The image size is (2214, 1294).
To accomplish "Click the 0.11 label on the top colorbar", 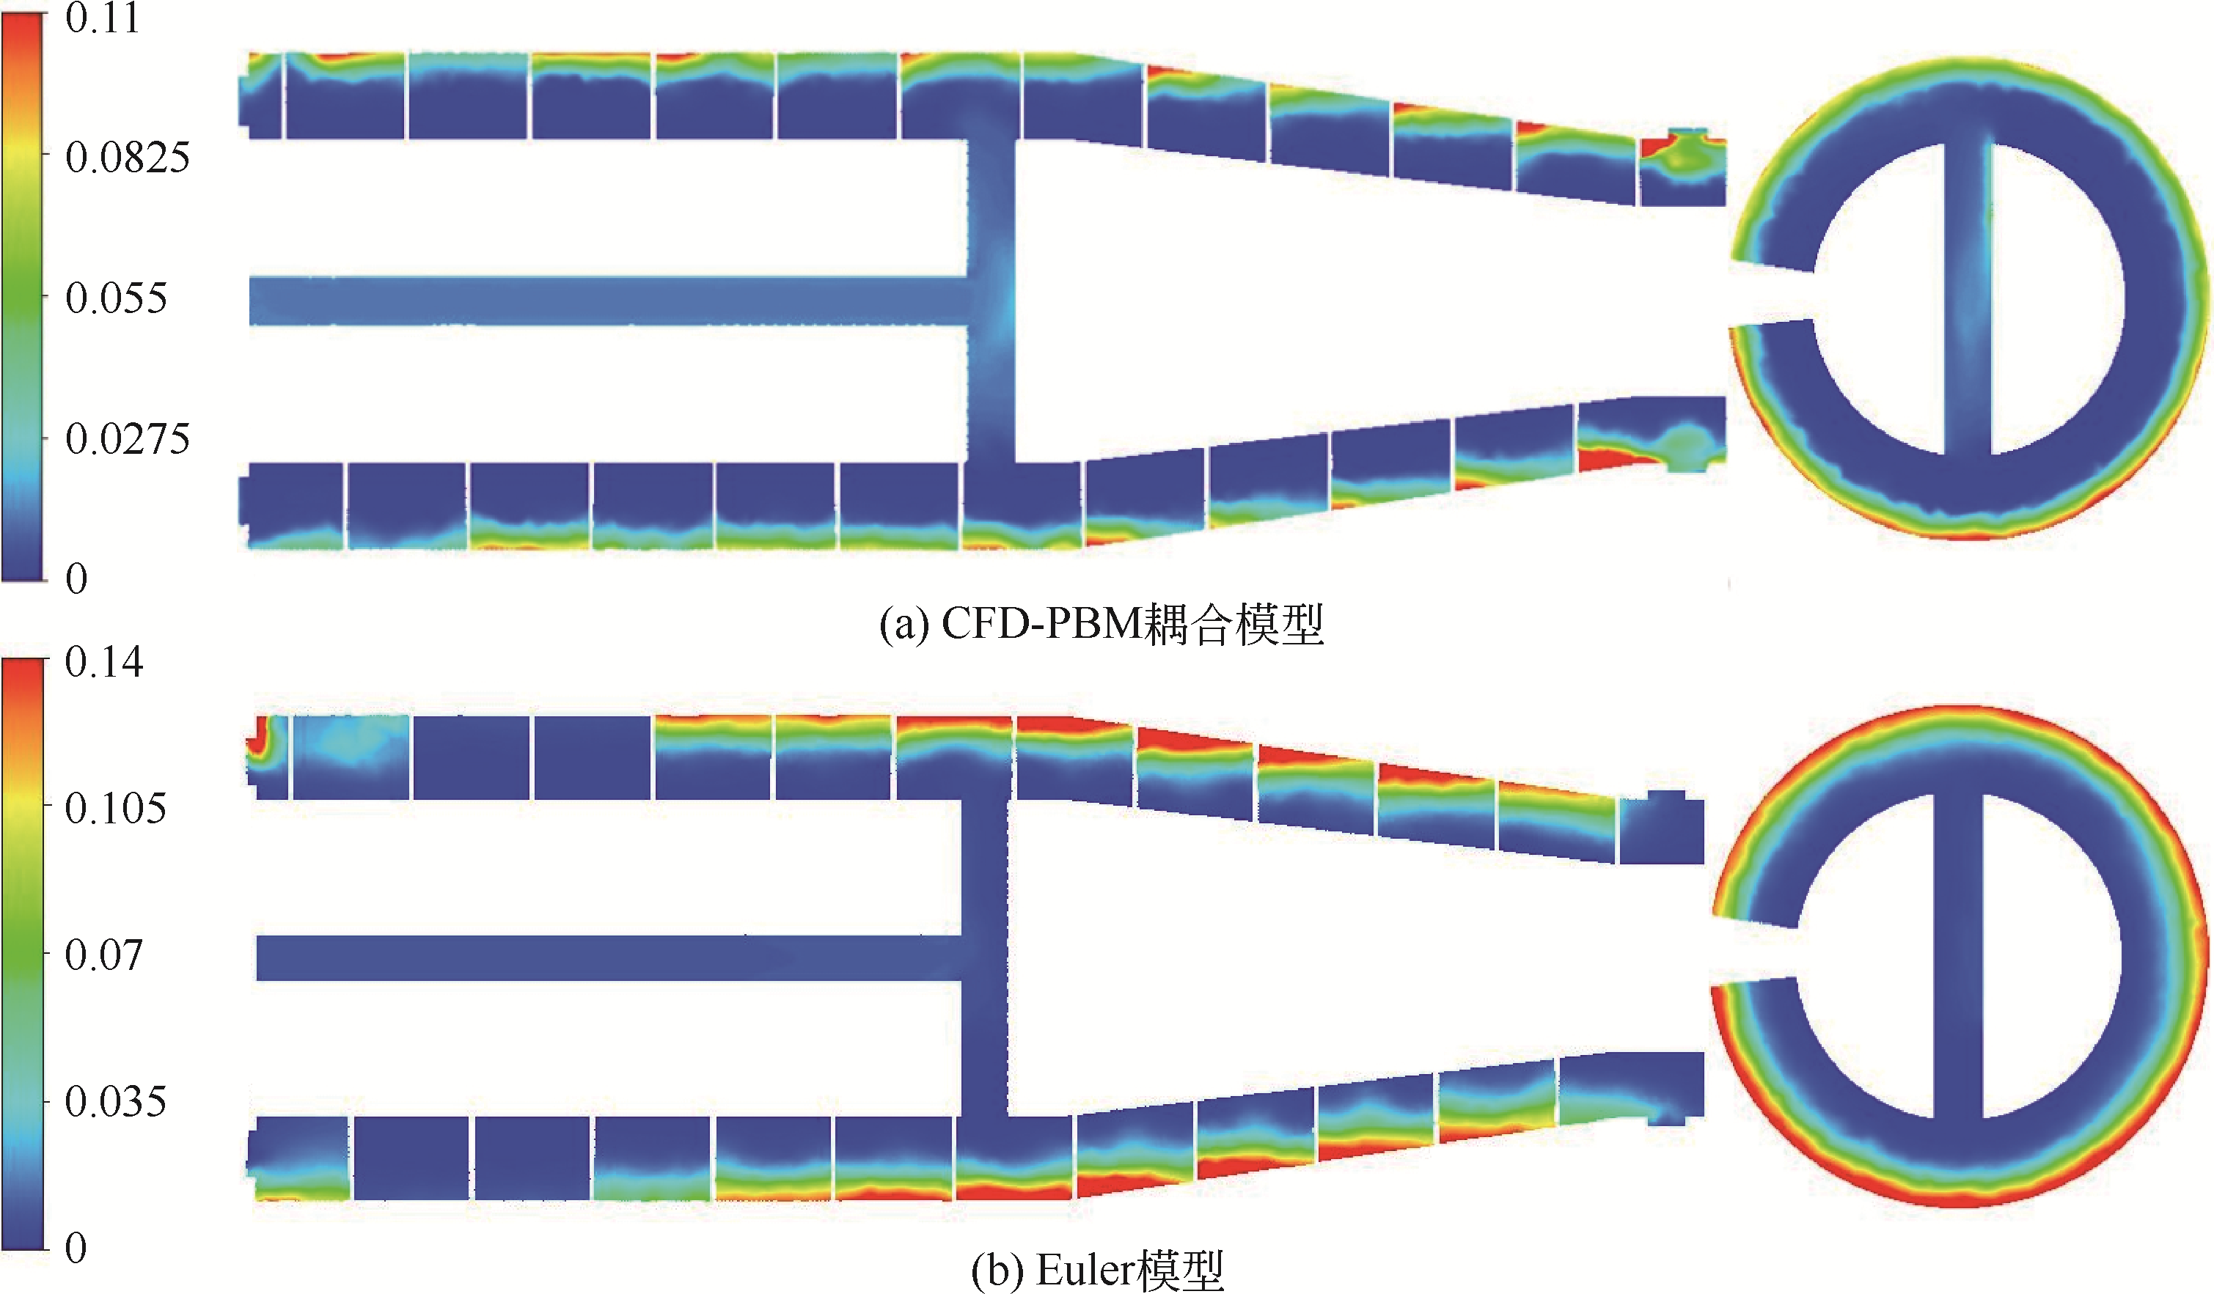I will click(x=103, y=19).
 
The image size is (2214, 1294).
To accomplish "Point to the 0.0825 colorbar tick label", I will click(x=128, y=158).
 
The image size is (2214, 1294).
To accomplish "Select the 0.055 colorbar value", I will click(x=116, y=298).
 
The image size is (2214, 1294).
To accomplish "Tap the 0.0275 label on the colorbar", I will click(x=128, y=439).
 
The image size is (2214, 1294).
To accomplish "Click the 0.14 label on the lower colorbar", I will click(x=103, y=662).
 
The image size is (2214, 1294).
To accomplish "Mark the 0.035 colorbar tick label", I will click(x=115, y=1103).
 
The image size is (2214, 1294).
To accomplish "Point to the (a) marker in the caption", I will click(x=904, y=625).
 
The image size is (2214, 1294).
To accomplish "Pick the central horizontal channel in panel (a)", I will click(x=606, y=301).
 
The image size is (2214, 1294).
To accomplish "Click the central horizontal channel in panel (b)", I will click(x=606, y=957).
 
